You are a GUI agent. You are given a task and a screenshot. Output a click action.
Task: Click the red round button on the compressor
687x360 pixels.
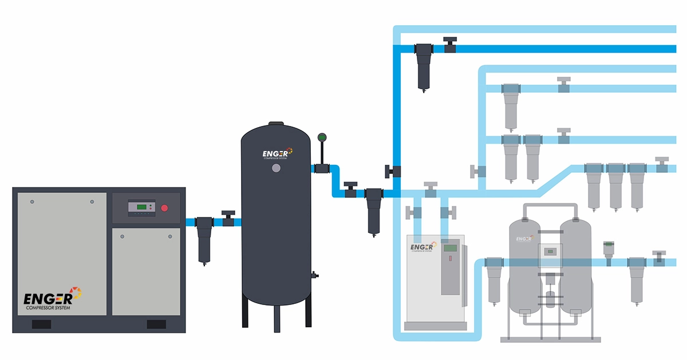tap(164, 208)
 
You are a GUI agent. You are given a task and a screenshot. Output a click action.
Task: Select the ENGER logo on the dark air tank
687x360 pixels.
tap(277, 153)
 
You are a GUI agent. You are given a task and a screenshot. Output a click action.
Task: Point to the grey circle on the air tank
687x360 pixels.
tap(277, 169)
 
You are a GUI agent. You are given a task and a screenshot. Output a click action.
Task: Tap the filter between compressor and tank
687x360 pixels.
tap(204, 238)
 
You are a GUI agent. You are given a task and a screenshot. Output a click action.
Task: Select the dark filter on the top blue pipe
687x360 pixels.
tap(424, 66)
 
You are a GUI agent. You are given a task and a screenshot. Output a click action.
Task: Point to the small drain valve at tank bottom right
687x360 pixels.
tap(314, 275)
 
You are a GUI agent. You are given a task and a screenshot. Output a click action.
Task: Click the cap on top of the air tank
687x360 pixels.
tap(277, 122)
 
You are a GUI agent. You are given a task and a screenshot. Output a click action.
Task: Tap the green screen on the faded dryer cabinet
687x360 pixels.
tap(451, 248)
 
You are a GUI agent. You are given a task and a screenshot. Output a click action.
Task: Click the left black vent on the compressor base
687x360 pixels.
tap(41, 325)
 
